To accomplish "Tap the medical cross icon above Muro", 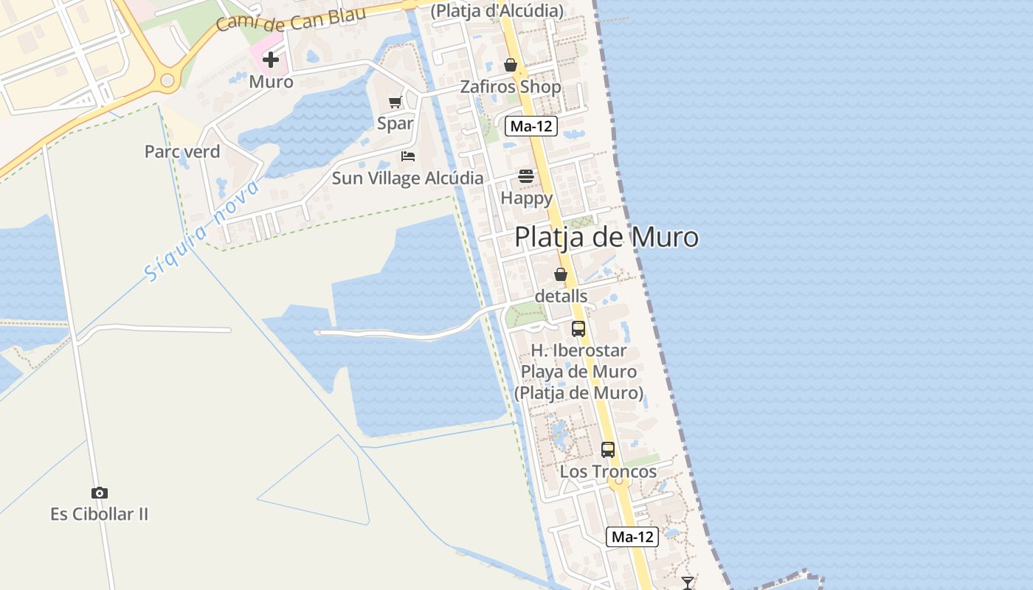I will (x=271, y=60).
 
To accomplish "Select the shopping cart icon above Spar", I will (x=395, y=102).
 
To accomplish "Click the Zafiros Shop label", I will (x=511, y=87).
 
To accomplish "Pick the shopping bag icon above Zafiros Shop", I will (x=510, y=66).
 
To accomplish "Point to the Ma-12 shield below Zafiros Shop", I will (x=531, y=126).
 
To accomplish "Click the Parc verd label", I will (x=182, y=152).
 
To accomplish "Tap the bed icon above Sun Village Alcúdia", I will (x=408, y=156).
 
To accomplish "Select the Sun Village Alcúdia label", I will (x=408, y=178).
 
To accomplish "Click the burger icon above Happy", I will (x=526, y=176).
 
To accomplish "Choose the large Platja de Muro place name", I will (x=606, y=237).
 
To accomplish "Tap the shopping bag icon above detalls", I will (x=561, y=275).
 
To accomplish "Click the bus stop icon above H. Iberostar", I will (x=578, y=329).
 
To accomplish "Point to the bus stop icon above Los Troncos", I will (x=608, y=449).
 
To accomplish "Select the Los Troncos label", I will (x=608, y=472).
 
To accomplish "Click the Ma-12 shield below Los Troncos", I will (x=632, y=537).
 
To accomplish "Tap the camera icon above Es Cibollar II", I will (x=100, y=493).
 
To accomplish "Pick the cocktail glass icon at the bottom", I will (x=688, y=583).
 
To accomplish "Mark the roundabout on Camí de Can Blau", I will (x=167, y=80).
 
